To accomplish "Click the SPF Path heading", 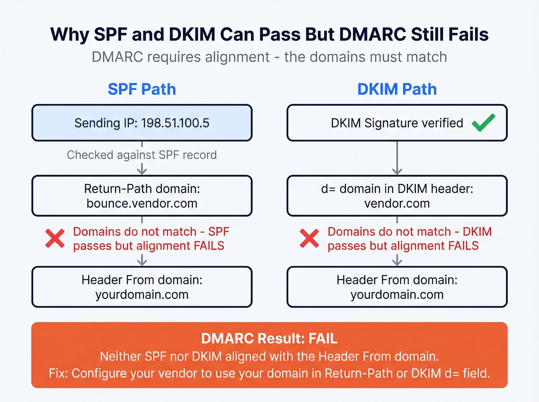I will (x=142, y=89).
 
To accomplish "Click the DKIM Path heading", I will (x=397, y=89).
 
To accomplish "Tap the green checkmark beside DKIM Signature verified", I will (x=484, y=123).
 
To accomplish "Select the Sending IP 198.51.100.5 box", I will (x=142, y=123).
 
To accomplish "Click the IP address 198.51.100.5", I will (x=175, y=123).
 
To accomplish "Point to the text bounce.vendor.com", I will (x=142, y=204).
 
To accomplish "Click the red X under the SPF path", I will (x=55, y=239).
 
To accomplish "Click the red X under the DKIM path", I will (x=310, y=239).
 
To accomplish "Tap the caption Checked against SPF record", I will (x=142, y=155).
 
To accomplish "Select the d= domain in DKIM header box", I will (x=397, y=195).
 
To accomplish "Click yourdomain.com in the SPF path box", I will (x=142, y=295).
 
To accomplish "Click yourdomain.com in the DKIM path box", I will (x=397, y=295).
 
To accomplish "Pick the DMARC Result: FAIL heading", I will (x=269, y=339).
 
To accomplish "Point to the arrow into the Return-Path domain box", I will (x=142, y=168).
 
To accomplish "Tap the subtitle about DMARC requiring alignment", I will (x=269, y=57).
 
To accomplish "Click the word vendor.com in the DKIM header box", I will (x=397, y=204).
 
